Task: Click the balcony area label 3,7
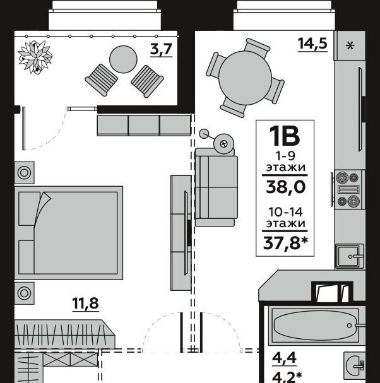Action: tap(162, 49)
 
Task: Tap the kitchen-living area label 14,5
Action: tap(312, 44)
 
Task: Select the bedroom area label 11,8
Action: tap(85, 303)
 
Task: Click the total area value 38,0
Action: tap(286, 187)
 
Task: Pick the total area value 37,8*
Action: tap(285, 244)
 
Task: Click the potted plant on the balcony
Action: tap(35, 57)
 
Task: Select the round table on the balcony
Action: tap(123, 59)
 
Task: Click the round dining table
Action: tap(245, 78)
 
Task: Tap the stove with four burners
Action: tap(348, 189)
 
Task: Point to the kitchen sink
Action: tap(350, 256)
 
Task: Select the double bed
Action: tap(69, 233)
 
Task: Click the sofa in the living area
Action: tap(216, 187)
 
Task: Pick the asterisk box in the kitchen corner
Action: tap(350, 45)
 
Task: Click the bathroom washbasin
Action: tap(355, 365)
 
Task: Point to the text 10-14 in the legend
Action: tap(285, 212)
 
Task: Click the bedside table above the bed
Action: tap(25, 173)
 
